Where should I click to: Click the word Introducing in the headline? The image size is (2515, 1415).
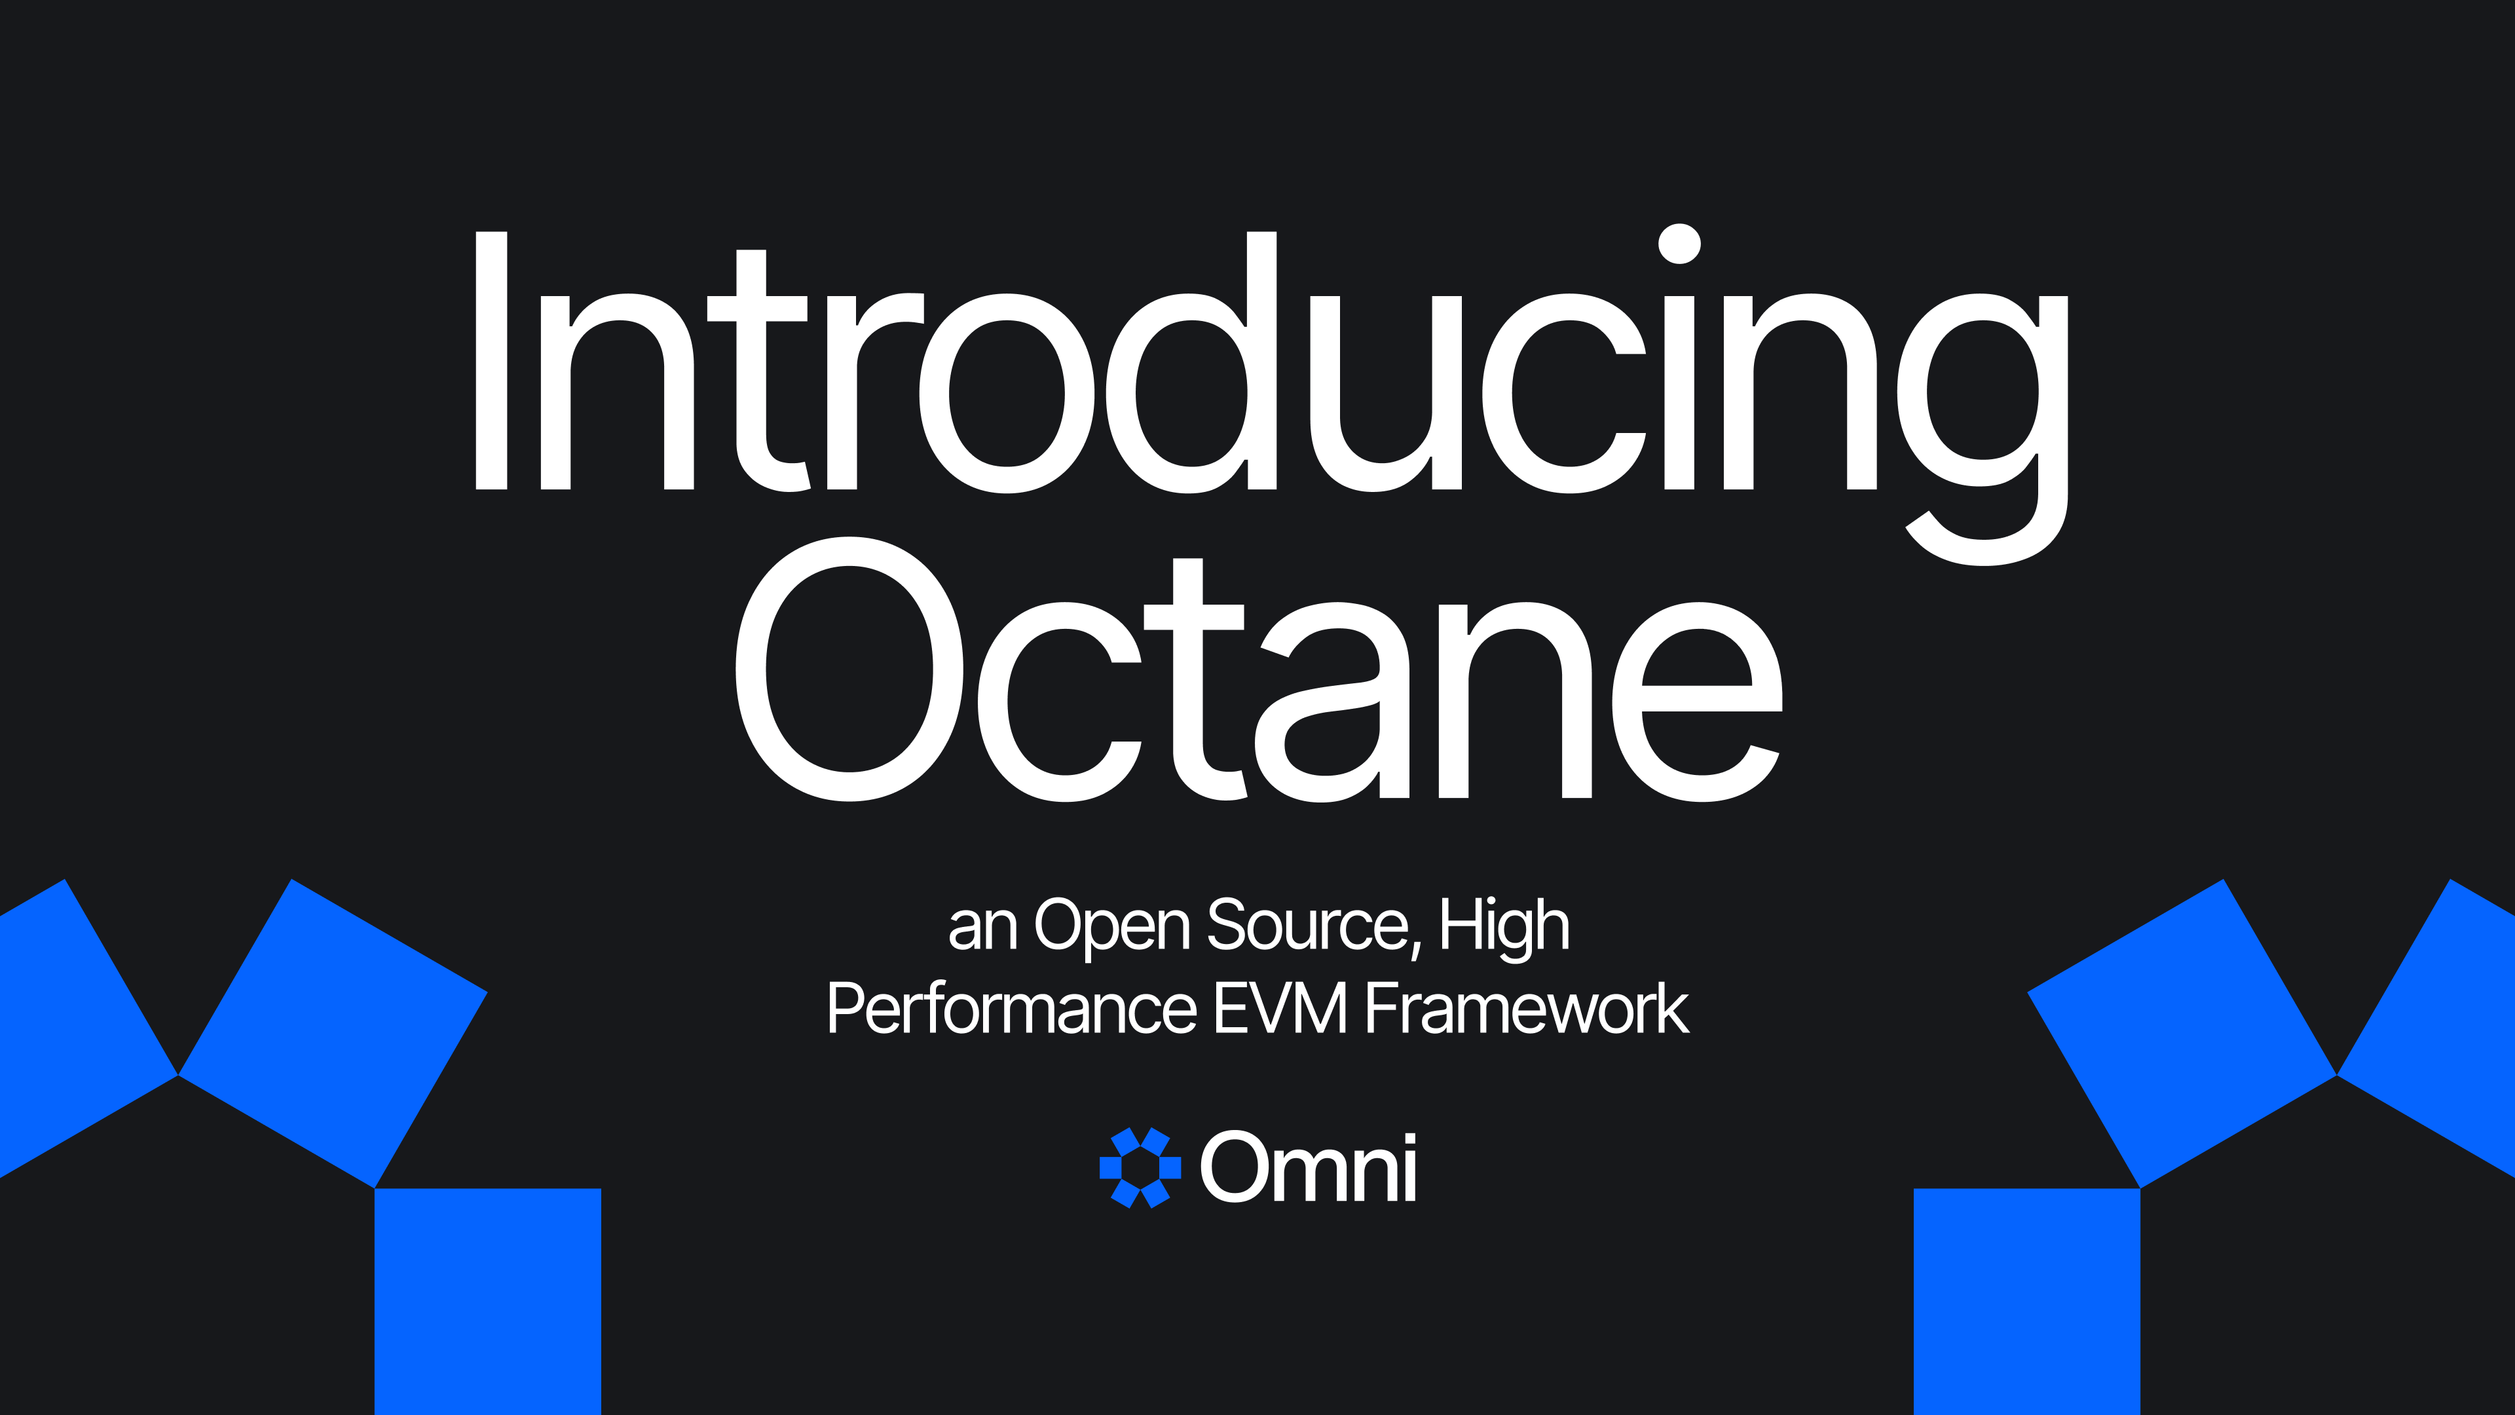click(1271, 394)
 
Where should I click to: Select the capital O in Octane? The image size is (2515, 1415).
click(849, 669)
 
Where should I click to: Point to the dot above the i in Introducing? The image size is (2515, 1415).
click(1679, 244)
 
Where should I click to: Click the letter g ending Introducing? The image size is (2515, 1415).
click(1982, 430)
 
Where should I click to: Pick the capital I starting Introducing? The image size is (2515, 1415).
click(491, 360)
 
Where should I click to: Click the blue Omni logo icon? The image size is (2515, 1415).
click(1140, 1168)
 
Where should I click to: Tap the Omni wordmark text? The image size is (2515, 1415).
click(1309, 1168)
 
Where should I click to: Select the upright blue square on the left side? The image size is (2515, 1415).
click(488, 1302)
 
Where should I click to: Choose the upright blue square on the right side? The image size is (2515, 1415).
click(2027, 1302)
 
